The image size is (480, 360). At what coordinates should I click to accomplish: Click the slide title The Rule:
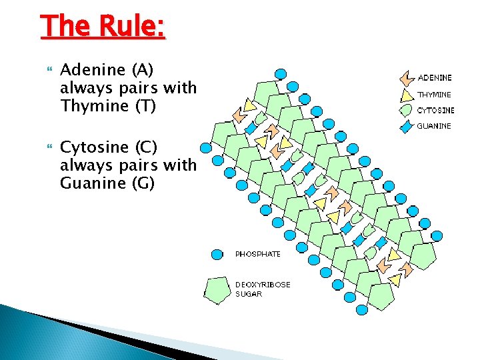tap(103, 27)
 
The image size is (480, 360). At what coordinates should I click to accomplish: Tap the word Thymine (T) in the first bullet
tap(107, 105)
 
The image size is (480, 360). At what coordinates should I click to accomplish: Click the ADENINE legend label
tap(435, 78)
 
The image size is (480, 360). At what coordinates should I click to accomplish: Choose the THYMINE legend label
tap(434, 95)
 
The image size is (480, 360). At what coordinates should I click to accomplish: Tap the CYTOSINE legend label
tap(436, 110)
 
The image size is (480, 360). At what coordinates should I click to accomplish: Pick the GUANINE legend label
tap(434, 125)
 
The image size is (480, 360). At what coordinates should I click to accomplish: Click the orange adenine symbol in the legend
tap(406, 79)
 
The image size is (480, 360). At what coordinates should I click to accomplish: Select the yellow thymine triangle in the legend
tap(406, 95)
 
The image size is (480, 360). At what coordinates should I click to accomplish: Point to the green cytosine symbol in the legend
tap(406, 111)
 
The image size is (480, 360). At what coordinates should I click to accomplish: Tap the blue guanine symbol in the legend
tap(406, 126)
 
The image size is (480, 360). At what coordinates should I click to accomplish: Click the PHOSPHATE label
tap(258, 254)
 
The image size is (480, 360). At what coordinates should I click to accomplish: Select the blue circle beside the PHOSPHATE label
tap(217, 254)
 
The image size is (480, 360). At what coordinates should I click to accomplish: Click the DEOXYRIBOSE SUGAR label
tap(262, 289)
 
